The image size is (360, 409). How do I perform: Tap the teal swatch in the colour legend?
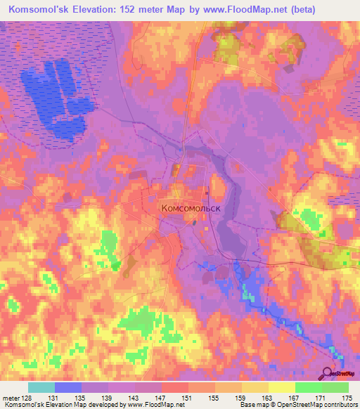click(x=41, y=387)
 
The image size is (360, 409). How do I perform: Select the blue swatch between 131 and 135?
click(x=68, y=387)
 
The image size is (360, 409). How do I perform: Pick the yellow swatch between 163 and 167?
click(x=282, y=387)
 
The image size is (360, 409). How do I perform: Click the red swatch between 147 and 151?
click(x=175, y=387)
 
